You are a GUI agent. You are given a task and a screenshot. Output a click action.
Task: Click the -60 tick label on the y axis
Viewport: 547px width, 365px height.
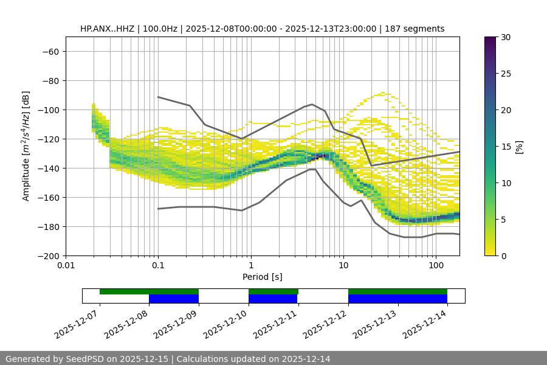coord(50,51)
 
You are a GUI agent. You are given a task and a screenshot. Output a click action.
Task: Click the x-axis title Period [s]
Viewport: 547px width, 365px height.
coord(263,277)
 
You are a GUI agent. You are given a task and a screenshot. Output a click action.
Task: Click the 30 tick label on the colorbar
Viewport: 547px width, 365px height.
coord(505,37)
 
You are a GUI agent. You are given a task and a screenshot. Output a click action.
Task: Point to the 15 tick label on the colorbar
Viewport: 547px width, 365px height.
coord(505,146)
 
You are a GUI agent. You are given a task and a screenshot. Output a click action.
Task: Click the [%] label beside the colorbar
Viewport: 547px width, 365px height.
coord(519,146)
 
